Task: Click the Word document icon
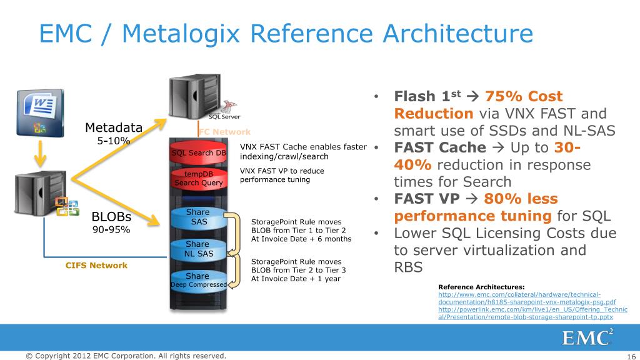coord(40,112)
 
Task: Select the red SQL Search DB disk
coord(199,153)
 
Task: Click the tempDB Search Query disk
coord(198,178)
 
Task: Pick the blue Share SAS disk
coord(198,217)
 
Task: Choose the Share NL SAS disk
coord(198,249)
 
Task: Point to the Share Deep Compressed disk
coord(198,281)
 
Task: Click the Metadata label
coord(114,128)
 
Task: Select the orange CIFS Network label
coord(96,266)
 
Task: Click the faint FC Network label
coord(224,132)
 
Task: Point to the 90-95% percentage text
coord(111,229)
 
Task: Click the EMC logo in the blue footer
coord(587,337)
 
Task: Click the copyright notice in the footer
coord(126,356)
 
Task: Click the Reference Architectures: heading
coord(481,286)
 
